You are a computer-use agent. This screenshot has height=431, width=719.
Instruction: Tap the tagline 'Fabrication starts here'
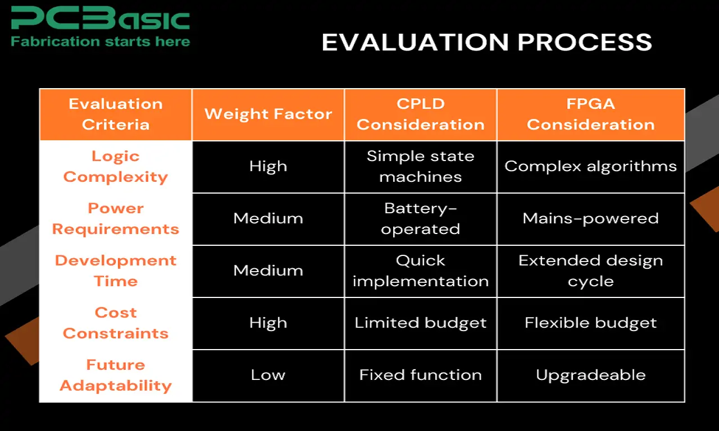tap(100, 42)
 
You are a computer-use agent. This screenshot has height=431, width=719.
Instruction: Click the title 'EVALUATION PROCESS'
tap(486, 43)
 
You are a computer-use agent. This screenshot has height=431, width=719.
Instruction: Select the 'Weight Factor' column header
tap(268, 114)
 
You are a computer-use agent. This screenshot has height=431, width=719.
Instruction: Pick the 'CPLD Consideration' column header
tap(420, 114)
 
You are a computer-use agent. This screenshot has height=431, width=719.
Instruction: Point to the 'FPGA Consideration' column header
tap(590, 114)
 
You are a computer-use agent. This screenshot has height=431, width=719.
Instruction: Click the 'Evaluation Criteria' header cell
tap(116, 114)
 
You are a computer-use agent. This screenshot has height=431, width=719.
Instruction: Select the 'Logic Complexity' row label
tap(116, 167)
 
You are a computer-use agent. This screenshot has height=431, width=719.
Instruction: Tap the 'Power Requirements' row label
tap(116, 219)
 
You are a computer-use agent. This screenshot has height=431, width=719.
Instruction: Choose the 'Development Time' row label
tap(116, 271)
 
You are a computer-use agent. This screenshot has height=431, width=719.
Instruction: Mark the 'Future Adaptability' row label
tap(116, 375)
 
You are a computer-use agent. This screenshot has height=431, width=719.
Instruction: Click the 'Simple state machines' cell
tap(420, 167)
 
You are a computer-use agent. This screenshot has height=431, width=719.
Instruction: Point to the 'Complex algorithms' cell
tap(590, 167)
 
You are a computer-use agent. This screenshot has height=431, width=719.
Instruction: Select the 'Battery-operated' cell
tap(420, 219)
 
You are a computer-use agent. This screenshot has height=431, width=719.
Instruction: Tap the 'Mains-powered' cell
tap(590, 218)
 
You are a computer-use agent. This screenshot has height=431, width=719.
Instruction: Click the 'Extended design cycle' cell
tap(590, 271)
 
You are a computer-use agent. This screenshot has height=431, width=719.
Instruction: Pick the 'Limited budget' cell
tap(420, 323)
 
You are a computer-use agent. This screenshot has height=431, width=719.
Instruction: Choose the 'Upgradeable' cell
tap(590, 375)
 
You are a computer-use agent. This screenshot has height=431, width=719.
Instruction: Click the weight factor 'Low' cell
tap(268, 375)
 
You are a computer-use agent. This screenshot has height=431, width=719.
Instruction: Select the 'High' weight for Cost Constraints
tap(268, 323)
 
